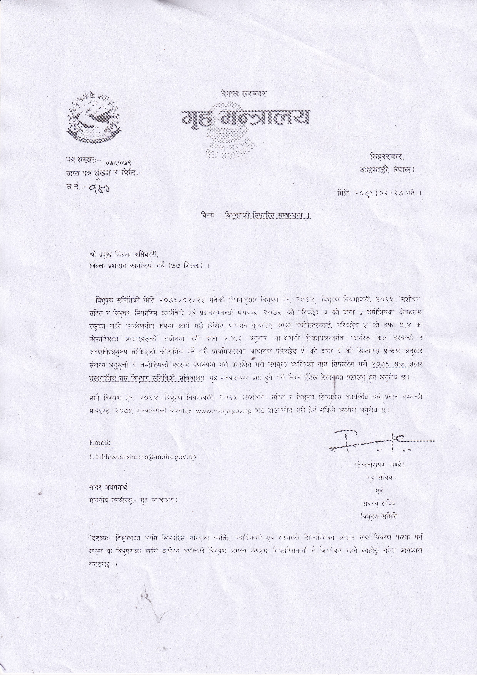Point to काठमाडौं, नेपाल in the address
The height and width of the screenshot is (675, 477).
point(387,170)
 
